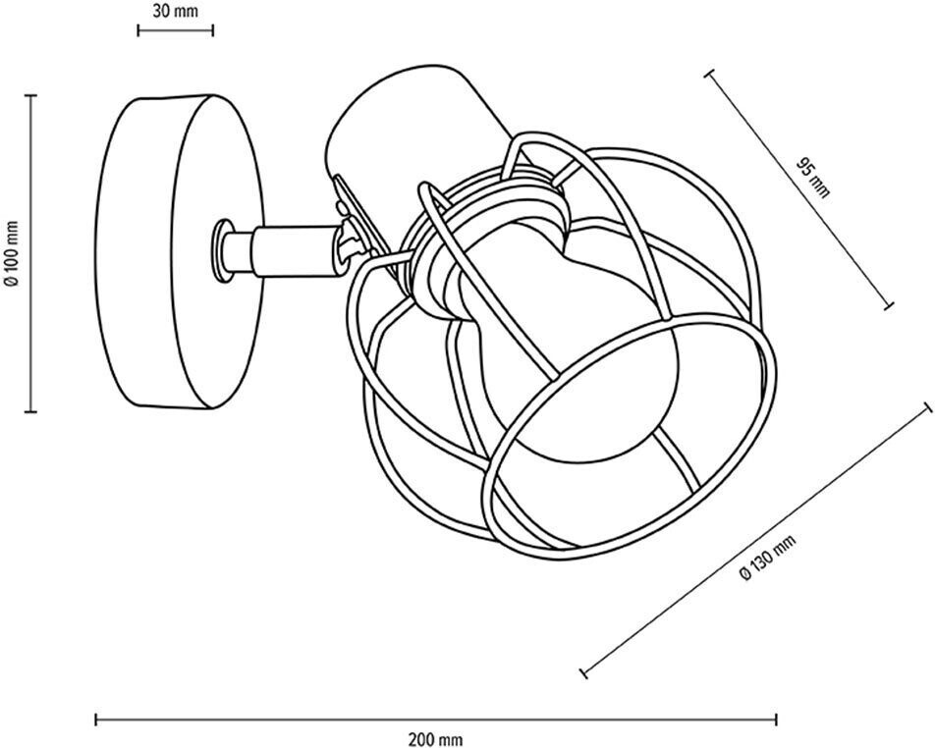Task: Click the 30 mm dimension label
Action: coord(175,11)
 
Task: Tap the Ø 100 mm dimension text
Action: coord(11,252)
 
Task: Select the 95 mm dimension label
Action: coord(813,177)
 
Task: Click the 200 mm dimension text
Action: coord(435,739)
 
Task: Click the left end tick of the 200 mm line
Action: coord(96,720)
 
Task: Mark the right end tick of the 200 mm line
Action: coord(777,720)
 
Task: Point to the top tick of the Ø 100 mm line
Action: coord(30,95)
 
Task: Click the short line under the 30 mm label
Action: coord(175,30)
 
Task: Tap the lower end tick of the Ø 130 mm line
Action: coord(585,673)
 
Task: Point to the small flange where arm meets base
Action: coord(225,249)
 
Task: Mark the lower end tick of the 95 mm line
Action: coord(890,306)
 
